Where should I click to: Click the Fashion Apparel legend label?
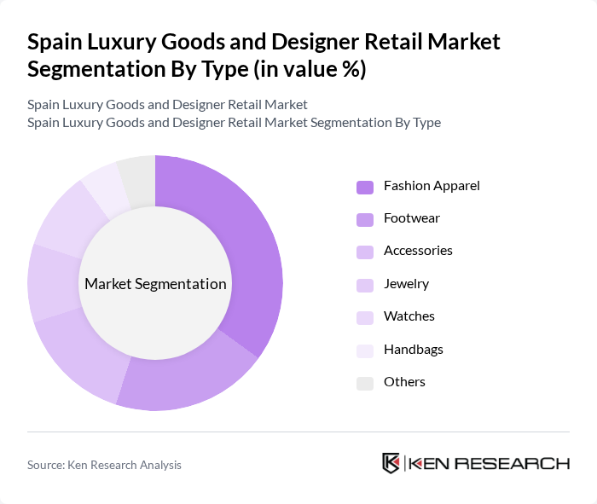tap(432, 185)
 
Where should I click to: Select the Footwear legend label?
tap(412, 218)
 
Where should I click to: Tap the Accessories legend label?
tap(418, 251)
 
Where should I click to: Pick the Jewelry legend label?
tap(406, 283)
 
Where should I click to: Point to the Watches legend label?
tap(409, 316)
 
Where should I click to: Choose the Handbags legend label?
tap(414, 349)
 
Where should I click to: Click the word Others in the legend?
tap(404, 381)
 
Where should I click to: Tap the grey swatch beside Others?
tap(365, 382)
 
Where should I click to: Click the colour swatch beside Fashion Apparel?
tap(365, 186)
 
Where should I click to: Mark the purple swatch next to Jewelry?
tap(365, 284)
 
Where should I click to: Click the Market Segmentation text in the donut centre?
tap(155, 284)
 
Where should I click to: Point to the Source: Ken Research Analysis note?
tap(104, 465)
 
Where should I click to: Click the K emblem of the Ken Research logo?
tap(391, 463)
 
